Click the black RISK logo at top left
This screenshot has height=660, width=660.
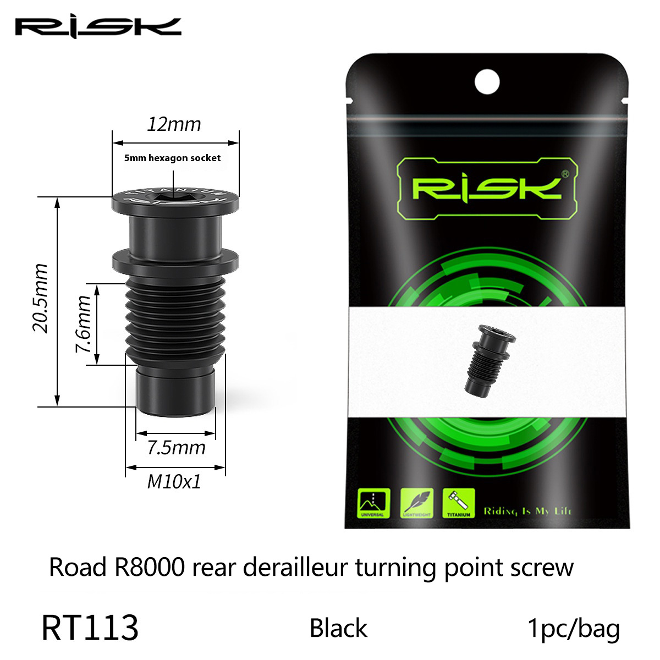click(x=97, y=27)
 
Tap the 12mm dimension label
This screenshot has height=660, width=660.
click(x=174, y=124)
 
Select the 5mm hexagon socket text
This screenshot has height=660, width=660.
click(x=172, y=158)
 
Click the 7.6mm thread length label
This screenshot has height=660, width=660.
click(x=84, y=324)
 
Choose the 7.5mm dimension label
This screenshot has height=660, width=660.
click(x=176, y=448)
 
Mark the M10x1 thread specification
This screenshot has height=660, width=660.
click(x=174, y=482)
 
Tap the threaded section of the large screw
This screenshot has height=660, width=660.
click(x=175, y=319)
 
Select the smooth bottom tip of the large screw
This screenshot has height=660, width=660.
click(x=175, y=392)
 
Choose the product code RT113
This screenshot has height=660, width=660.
click(x=90, y=629)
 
